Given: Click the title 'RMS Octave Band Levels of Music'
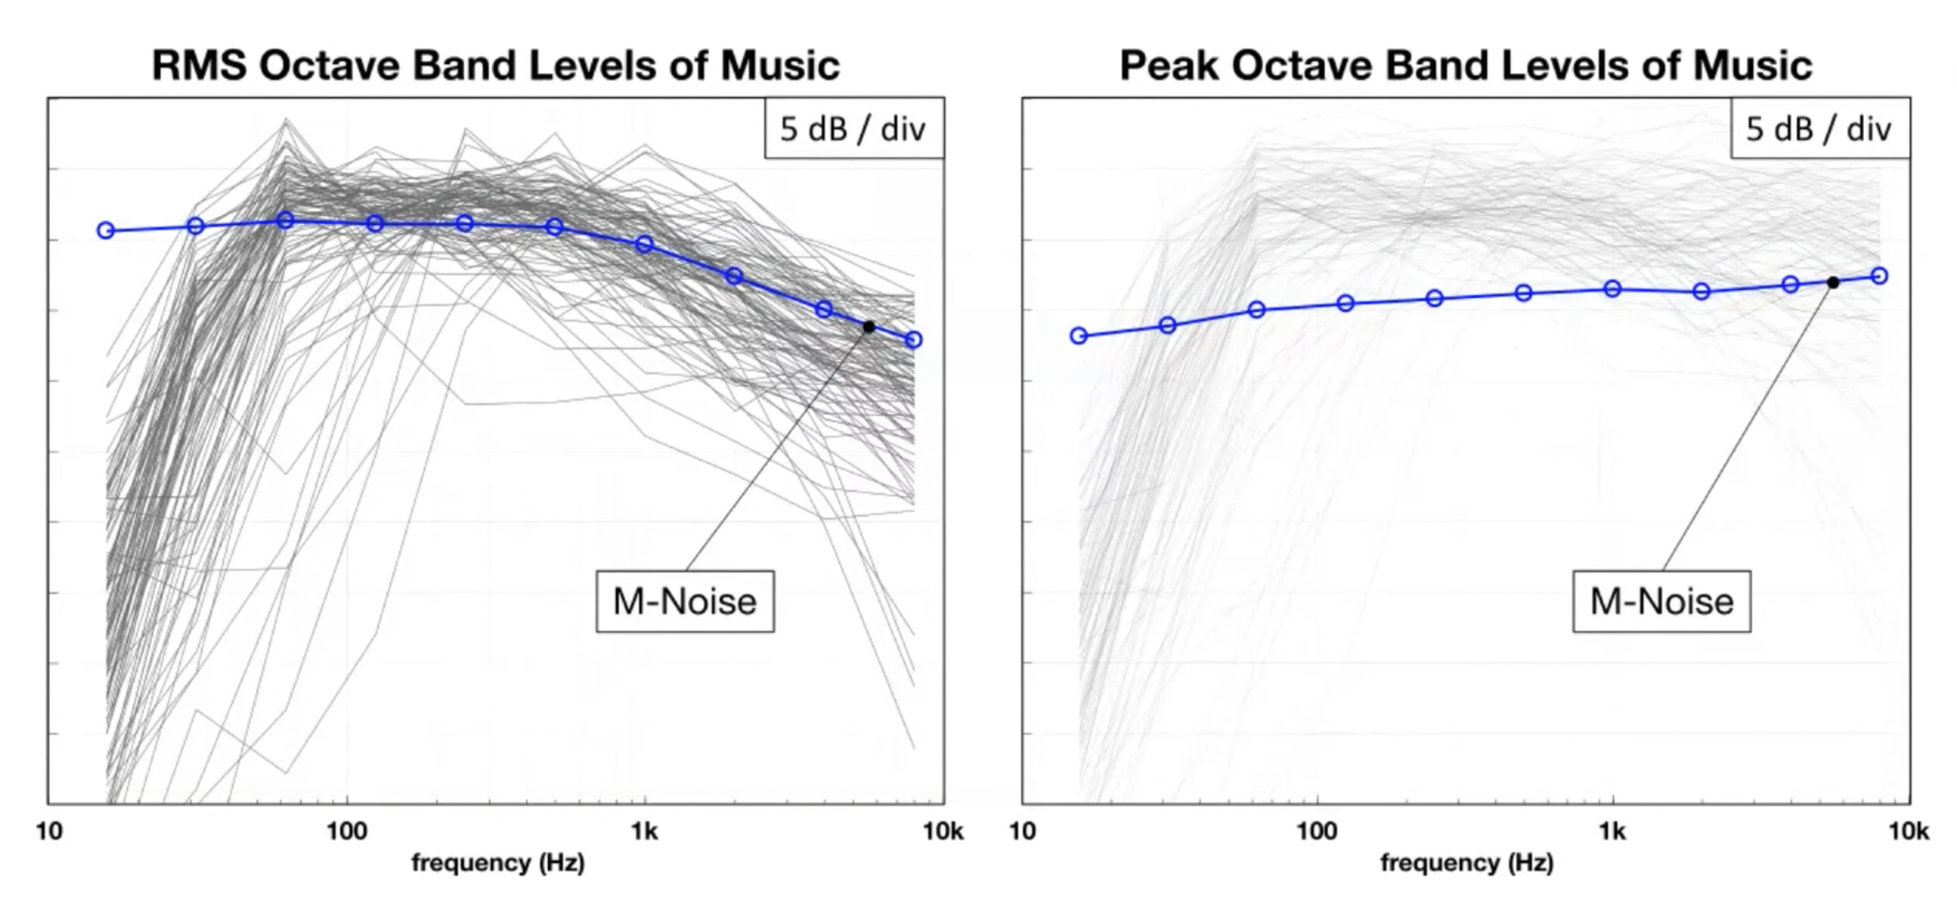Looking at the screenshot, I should click(x=495, y=65).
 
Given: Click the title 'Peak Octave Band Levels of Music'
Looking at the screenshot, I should click(x=1465, y=65).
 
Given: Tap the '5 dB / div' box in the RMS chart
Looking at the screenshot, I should click(x=853, y=128).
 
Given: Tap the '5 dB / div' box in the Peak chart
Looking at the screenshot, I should click(x=1819, y=128).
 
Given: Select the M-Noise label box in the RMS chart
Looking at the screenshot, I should click(x=685, y=602).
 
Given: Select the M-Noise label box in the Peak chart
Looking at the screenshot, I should click(x=1661, y=602).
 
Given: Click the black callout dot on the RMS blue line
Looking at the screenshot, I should click(x=868, y=326).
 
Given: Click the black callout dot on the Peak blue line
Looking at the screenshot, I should click(x=1833, y=283).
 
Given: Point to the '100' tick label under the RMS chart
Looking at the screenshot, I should click(x=347, y=832).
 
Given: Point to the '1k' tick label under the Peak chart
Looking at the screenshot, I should click(x=1612, y=832).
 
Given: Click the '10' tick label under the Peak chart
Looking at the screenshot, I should click(x=1023, y=832).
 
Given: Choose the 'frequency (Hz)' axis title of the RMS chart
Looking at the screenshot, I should click(x=498, y=863).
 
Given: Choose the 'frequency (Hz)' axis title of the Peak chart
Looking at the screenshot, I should click(x=1466, y=863).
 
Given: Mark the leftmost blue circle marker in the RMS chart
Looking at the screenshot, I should click(x=105, y=230).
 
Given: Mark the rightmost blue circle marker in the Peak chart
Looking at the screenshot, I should click(x=1879, y=276).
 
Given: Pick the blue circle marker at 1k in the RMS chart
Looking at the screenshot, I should click(x=644, y=244).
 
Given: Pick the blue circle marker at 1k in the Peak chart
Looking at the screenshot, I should click(x=1612, y=288).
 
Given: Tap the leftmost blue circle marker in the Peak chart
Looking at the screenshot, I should click(x=1079, y=336).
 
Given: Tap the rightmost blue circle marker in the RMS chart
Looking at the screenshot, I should click(x=914, y=339).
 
